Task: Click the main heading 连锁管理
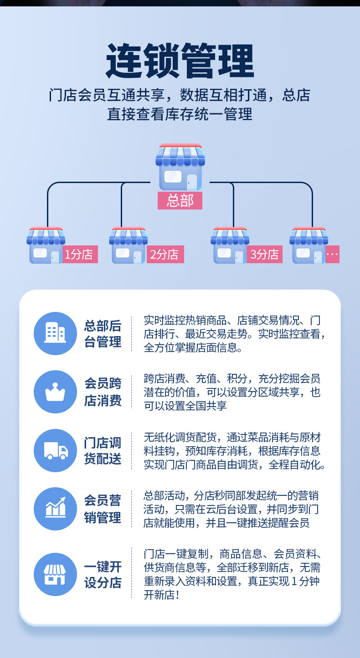[x=180, y=61]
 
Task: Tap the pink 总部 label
[x=180, y=201]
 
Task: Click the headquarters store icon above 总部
[x=180, y=167]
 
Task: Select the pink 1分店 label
[x=80, y=254]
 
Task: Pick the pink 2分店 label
[x=165, y=254]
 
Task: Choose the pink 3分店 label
[x=265, y=254]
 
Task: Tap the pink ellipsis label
[x=332, y=254]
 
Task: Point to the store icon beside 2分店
[x=128, y=246]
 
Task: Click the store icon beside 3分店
[x=230, y=246]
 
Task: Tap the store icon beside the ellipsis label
[x=309, y=246]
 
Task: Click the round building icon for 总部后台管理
[x=55, y=333]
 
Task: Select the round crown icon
[x=55, y=392]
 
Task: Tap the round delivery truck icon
[x=55, y=450]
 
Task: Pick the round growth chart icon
[x=55, y=509]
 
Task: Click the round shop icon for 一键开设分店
[x=55, y=574]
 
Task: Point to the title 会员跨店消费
[x=103, y=392]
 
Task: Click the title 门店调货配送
[x=103, y=450]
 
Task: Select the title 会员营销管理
[x=103, y=509]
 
